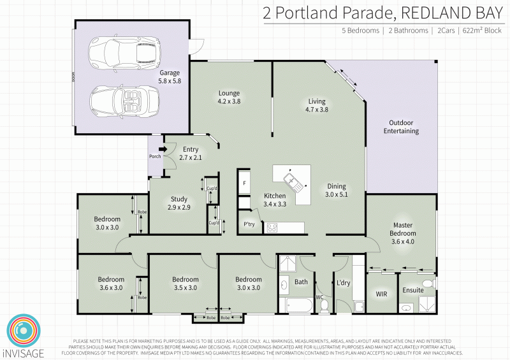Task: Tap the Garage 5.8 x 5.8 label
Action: (x=170, y=77)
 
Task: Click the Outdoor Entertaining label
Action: (x=401, y=127)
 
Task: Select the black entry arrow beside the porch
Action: (x=162, y=150)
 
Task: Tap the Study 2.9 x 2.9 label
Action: (x=178, y=203)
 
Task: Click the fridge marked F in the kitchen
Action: (x=244, y=183)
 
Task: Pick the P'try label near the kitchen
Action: (x=249, y=224)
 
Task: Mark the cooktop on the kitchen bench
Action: (x=272, y=226)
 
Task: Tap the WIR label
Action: (x=381, y=294)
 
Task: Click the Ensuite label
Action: (x=412, y=290)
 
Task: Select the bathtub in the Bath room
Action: (x=296, y=305)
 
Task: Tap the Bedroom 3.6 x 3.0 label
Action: (x=110, y=283)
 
